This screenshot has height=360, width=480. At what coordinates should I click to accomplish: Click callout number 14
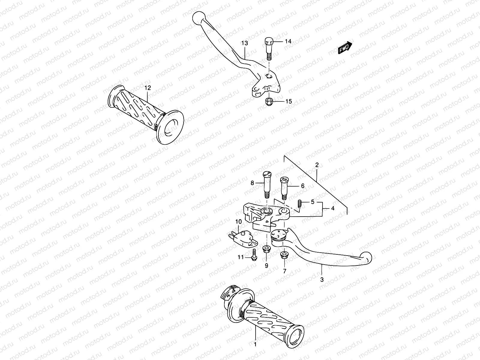click(x=288, y=41)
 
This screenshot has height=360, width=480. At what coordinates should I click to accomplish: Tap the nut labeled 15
click(x=269, y=102)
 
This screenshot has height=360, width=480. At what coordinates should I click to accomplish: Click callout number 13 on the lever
click(x=244, y=43)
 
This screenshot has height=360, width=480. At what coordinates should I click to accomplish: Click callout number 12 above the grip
click(x=148, y=88)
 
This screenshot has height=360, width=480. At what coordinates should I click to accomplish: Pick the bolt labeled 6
click(x=284, y=188)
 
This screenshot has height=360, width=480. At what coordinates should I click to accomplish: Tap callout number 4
click(x=332, y=208)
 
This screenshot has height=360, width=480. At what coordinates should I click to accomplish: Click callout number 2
click(x=317, y=165)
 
